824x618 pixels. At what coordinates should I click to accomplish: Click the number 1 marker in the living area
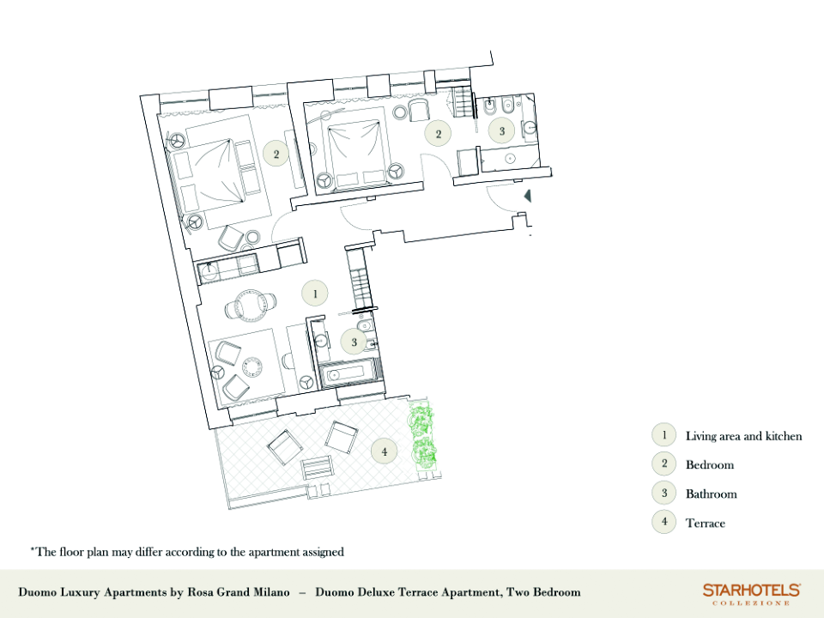(315, 294)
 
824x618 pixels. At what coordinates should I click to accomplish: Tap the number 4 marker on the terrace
(385, 451)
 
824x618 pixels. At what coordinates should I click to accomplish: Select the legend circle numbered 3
(664, 494)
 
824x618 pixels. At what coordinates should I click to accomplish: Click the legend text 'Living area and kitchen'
(743, 436)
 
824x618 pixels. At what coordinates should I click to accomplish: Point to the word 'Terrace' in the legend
(706, 523)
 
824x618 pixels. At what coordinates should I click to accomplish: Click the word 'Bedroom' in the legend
(710, 464)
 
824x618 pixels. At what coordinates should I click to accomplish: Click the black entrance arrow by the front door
(528, 196)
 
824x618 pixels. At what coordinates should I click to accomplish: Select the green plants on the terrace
(423, 436)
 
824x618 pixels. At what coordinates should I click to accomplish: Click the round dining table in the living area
(250, 306)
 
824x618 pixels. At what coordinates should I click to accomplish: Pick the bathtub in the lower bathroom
(348, 375)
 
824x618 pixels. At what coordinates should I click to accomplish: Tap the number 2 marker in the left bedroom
(276, 154)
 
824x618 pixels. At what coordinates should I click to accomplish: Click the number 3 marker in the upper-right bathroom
(501, 130)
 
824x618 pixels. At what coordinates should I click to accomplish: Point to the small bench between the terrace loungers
(317, 468)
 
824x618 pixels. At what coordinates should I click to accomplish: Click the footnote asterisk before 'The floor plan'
(33, 549)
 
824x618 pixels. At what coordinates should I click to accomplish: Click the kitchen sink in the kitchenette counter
(209, 270)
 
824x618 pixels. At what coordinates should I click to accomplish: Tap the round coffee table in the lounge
(251, 366)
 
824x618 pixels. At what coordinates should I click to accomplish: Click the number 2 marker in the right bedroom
(439, 134)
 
